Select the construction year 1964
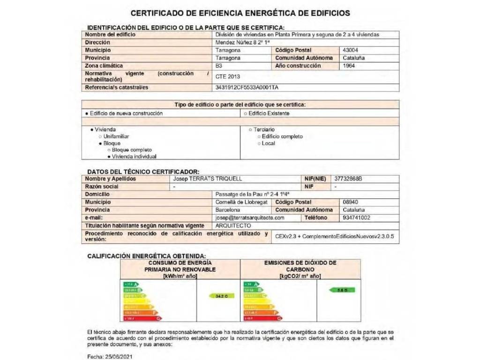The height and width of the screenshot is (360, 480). pyautogui.click(x=349, y=66)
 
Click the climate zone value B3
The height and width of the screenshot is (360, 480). pyautogui.click(x=219, y=66)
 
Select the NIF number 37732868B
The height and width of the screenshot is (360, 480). pyautogui.click(x=349, y=179)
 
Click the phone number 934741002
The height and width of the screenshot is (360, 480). pyautogui.click(x=350, y=218)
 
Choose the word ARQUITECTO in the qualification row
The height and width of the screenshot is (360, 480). pyautogui.click(x=233, y=225)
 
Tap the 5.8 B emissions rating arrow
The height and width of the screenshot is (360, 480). pyautogui.click(x=343, y=290)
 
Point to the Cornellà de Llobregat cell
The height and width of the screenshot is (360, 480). pyautogui.click(x=241, y=202)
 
